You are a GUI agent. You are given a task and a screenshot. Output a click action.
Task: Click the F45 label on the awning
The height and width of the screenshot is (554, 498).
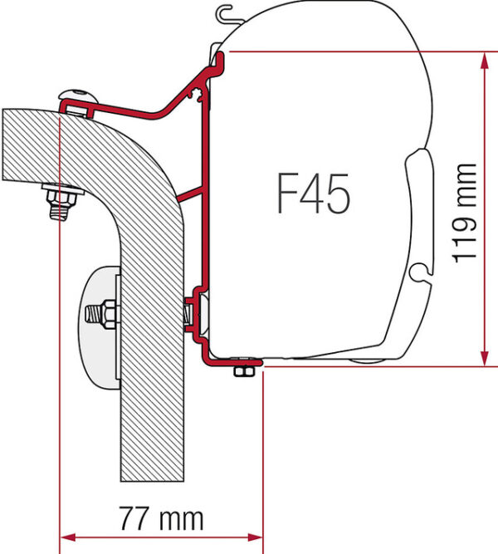pos(313,194)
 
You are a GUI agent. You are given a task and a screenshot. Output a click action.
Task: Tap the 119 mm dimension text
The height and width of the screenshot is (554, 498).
pos(465,213)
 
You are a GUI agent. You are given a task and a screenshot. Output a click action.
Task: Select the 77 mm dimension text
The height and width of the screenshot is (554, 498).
pos(161,518)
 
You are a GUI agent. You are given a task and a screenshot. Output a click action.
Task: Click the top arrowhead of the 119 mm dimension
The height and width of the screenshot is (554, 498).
pos(485,61)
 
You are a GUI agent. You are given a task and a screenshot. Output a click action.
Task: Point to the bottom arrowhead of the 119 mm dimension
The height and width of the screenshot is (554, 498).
pos(485,357)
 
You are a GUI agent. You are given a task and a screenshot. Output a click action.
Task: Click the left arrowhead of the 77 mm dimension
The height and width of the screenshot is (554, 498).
pos(68,537)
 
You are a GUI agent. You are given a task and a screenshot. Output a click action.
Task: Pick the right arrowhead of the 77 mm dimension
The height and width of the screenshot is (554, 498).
pos(255,537)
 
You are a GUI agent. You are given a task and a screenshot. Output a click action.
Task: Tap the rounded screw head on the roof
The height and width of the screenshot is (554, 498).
pos(78,96)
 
